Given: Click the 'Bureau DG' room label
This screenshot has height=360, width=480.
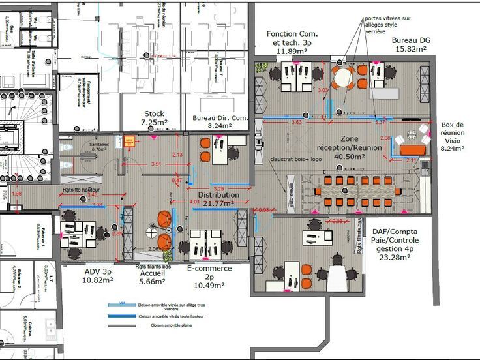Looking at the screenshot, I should [x=410, y=40].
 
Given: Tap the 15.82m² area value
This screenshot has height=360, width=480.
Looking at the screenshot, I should [x=410, y=49].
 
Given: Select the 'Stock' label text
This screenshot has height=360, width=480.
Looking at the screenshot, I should [x=154, y=113].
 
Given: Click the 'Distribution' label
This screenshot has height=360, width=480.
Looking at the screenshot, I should [x=218, y=195].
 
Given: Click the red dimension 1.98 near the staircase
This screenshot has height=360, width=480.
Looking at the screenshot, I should [x=16, y=194].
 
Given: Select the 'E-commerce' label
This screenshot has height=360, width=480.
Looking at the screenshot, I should [x=211, y=267].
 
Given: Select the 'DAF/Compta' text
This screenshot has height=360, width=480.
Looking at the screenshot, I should [x=395, y=232].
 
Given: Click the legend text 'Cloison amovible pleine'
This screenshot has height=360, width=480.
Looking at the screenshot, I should [x=172, y=325].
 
